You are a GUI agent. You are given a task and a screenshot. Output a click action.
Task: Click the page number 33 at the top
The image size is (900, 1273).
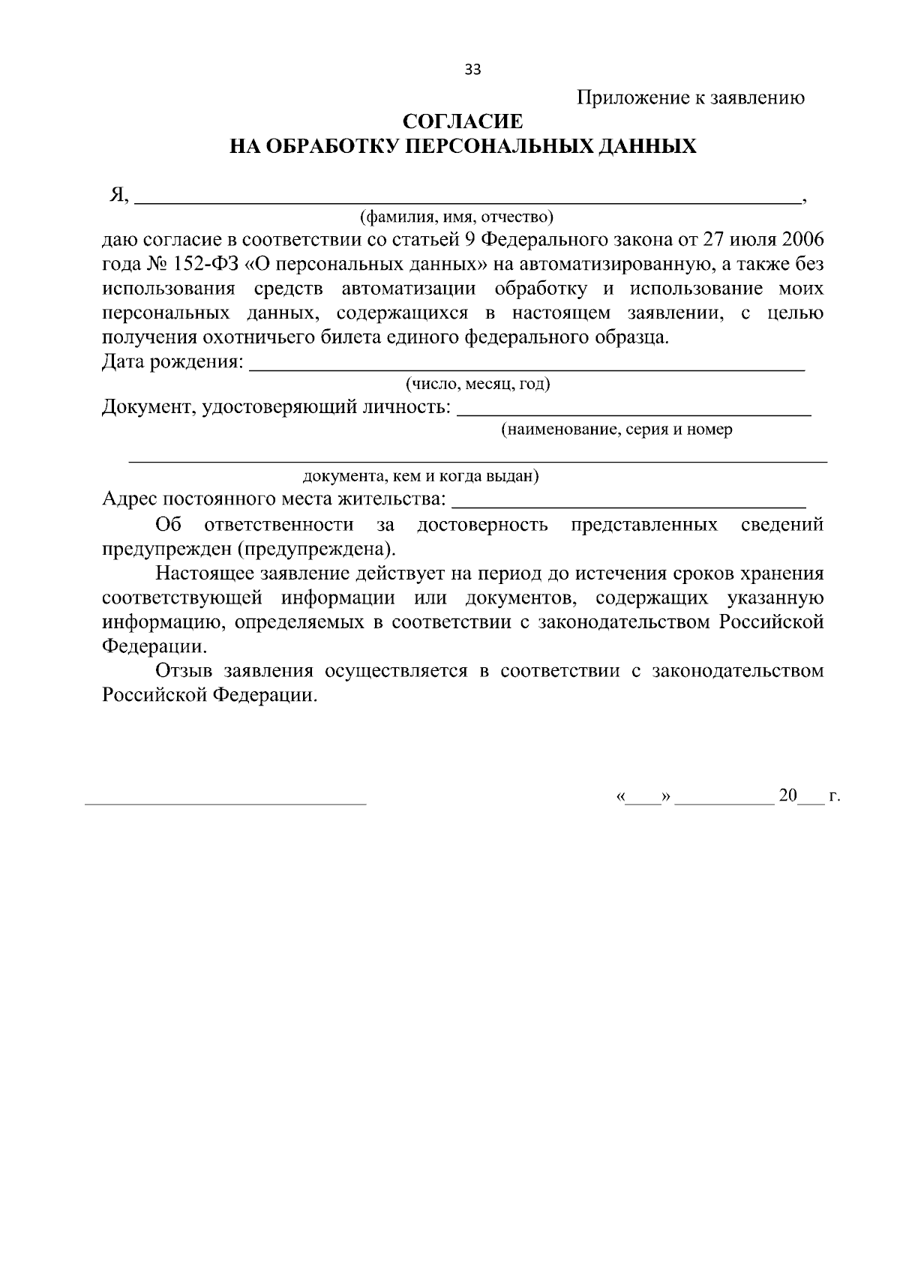[472, 70]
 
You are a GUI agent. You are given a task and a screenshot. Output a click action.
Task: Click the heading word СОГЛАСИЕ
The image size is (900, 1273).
[463, 121]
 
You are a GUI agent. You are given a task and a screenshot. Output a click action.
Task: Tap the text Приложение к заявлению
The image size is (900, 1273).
[691, 97]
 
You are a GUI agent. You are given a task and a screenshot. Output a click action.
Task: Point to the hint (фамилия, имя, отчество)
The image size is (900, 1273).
[456, 217]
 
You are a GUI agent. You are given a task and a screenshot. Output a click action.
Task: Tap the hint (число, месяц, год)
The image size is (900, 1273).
[478, 385]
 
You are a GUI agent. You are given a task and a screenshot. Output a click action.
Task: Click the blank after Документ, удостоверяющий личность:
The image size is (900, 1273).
[634, 412]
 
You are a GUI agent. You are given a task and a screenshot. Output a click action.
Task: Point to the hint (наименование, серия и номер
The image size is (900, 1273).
[616, 430]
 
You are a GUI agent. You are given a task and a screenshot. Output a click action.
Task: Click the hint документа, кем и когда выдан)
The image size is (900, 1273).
[420, 476]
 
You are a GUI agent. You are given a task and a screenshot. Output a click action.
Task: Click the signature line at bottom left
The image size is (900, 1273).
[226, 802]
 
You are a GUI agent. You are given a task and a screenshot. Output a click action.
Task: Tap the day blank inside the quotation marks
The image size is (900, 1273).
[642, 801]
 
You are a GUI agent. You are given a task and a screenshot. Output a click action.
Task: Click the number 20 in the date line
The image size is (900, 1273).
[787, 796]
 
